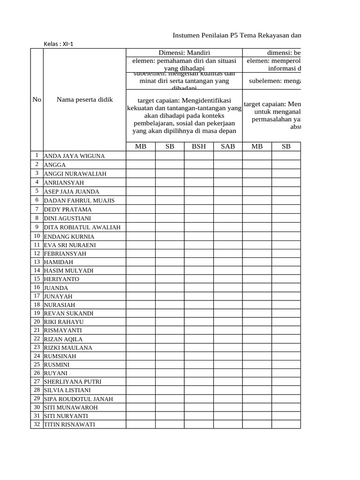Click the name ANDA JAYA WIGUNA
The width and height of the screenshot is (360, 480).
[x=74, y=156]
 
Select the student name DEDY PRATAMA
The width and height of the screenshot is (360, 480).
[x=67, y=210]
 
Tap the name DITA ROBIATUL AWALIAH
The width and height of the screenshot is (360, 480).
[x=82, y=227]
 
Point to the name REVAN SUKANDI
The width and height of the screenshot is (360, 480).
[x=68, y=314]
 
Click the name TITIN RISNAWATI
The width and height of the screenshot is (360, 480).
[x=69, y=425]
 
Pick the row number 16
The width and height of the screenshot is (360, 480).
[x=37, y=287]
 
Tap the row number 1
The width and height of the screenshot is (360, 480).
[x=37, y=156]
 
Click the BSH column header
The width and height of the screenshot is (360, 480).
[x=199, y=146]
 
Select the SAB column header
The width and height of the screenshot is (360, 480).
[x=228, y=146]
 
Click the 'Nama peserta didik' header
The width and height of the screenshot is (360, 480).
[x=85, y=99]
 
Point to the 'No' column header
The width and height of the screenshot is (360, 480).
[x=37, y=99]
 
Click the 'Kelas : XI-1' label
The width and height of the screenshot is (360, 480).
[x=59, y=44]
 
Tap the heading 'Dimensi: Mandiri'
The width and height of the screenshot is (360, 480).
[x=184, y=52]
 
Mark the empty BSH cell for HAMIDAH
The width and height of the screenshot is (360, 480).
[x=199, y=262]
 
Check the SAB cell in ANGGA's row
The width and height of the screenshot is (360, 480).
[x=228, y=165]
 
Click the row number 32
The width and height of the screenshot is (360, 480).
[x=37, y=424]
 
